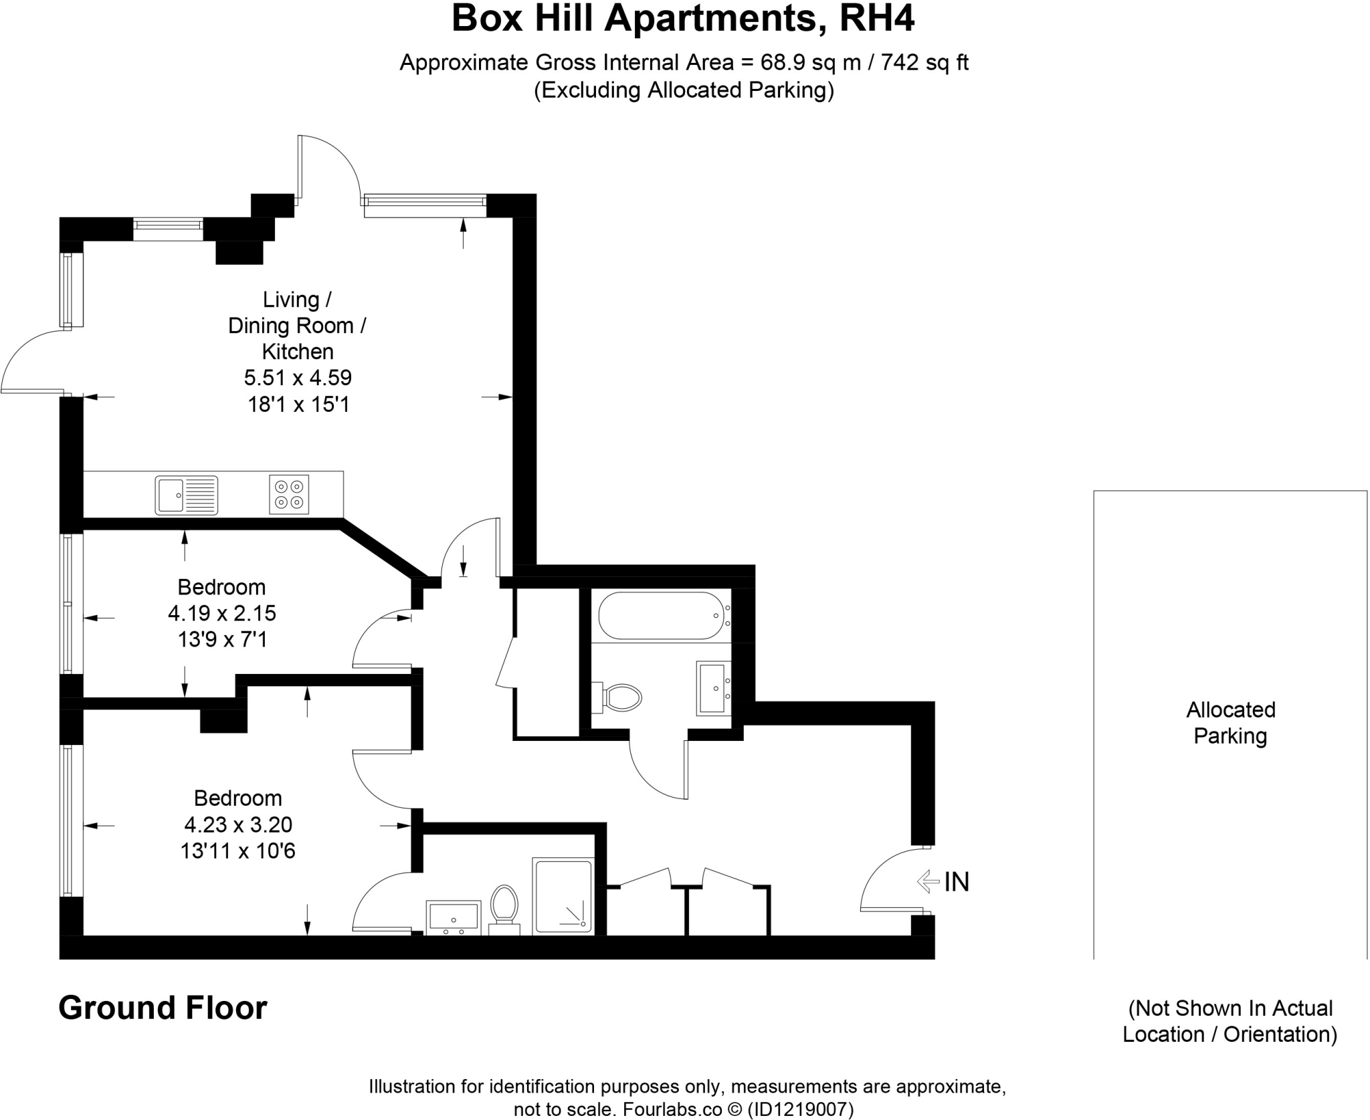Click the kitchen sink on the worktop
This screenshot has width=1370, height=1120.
coord(186,495)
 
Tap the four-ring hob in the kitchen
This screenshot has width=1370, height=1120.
coord(289,494)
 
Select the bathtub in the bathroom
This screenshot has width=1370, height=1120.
coord(661,615)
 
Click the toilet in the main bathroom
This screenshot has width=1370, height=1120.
coord(621,697)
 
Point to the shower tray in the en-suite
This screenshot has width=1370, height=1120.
coord(563,897)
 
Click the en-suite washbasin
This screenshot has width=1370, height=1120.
coord(454,917)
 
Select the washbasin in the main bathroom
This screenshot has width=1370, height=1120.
coord(713,688)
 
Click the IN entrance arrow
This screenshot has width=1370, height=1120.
coord(928,881)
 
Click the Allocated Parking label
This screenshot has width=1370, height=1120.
coord(1230,723)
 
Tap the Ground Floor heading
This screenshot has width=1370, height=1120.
coord(163,1008)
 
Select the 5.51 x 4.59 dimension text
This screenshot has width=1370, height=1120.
coord(298,378)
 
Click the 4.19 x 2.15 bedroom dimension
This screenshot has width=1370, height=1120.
coord(222,613)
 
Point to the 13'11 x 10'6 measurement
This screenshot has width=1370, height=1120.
coord(237,851)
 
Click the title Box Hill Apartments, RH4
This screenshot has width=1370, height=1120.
coord(683,19)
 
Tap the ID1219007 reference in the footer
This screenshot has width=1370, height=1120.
coord(799,1110)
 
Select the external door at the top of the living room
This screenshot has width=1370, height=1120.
coord(328,167)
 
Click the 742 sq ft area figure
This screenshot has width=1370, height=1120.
coord(924,63)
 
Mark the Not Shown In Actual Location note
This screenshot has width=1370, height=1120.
coord(1230,1021)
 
